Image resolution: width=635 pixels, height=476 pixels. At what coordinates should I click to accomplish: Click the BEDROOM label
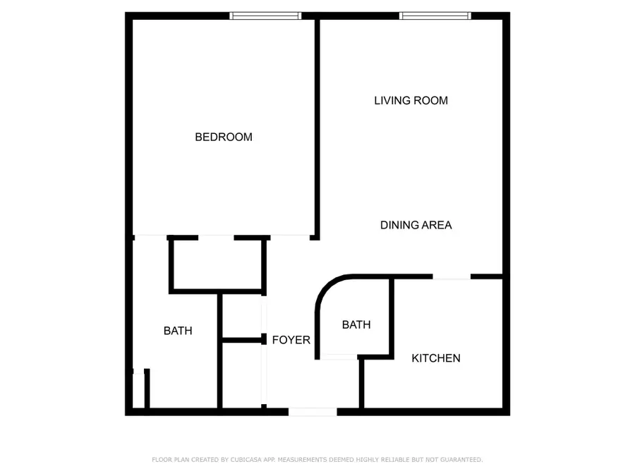pos(224,138)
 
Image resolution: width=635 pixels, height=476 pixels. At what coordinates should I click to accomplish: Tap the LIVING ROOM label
pos(411,100)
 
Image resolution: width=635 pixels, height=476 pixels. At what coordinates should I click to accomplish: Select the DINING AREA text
pos(416,225)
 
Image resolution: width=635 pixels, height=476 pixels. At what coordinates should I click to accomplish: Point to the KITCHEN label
pos(436,358)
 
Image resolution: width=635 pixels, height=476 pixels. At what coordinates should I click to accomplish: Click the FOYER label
pos(291,340)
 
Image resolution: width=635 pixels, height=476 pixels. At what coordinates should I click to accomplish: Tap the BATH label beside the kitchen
pos(356,324)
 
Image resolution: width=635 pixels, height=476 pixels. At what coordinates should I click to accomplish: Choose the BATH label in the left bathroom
pos(178,331)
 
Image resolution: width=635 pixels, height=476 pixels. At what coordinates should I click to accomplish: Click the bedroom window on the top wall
pos(266,16)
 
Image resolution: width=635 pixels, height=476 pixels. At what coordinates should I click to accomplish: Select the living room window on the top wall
pos(435,16)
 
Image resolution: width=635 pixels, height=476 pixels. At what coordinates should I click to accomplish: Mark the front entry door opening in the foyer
pos(313,412)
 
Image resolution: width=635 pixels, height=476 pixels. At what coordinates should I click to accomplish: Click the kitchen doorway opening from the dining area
pos(452,277)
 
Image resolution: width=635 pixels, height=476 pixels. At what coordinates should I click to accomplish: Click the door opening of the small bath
pos(339,357)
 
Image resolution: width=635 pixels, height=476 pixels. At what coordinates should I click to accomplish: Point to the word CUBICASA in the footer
pos(246,460)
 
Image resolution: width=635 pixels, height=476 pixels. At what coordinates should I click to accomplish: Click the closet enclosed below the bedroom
pos(217,264)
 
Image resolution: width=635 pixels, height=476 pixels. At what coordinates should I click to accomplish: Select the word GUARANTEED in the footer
pos(461,460)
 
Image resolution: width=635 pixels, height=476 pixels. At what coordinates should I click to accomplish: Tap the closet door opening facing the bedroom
pos(217,238)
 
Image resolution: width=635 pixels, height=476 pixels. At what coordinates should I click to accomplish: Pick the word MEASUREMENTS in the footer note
pos(302,460)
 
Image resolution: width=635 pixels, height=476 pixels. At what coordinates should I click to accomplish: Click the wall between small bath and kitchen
pos(392,317)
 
